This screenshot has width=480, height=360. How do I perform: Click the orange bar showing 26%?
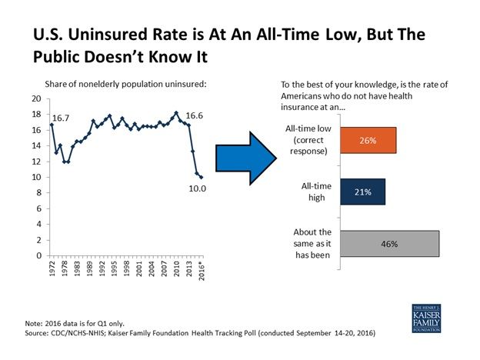368,142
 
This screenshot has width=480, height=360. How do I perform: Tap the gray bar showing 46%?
389,243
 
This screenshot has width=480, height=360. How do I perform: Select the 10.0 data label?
197,187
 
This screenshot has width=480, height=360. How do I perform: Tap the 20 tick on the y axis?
36,99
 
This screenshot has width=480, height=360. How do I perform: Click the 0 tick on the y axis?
38,255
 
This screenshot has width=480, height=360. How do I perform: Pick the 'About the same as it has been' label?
311,243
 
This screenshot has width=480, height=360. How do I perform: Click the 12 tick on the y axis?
36,162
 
